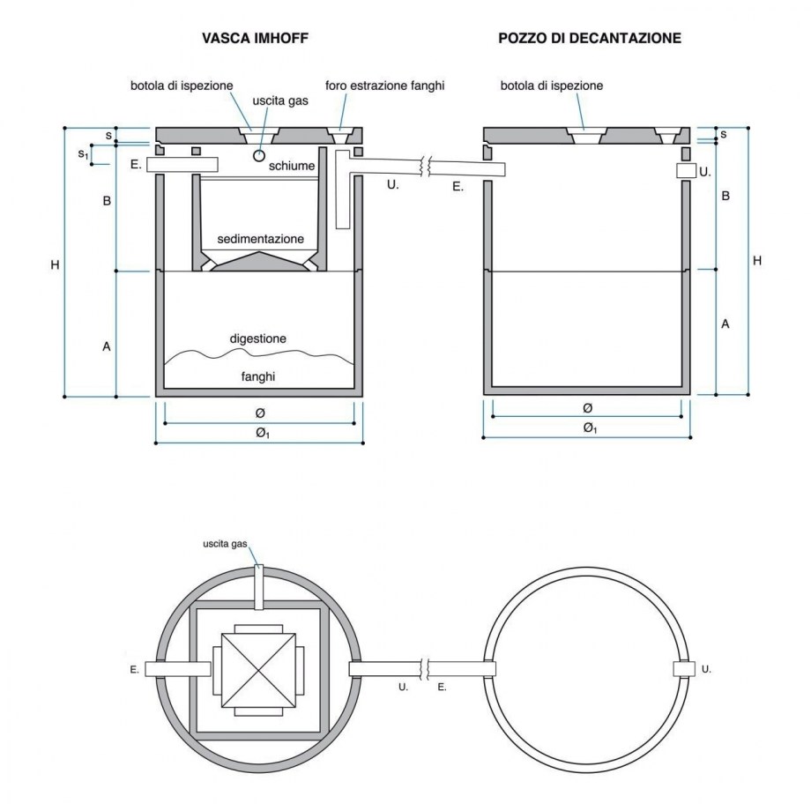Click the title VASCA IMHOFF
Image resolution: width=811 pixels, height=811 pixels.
tap(255, 39)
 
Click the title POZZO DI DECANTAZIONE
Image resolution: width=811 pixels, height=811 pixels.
tap(589, 39)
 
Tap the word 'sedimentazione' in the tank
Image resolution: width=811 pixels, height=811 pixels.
tap(260, 239)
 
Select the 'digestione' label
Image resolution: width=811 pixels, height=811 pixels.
tap(257, 338)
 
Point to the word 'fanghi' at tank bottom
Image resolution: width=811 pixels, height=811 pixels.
tap(258, 376)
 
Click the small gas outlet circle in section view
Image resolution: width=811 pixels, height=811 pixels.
tap(259, 155)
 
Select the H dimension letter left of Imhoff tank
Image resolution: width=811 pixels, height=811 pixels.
tap(55, 264)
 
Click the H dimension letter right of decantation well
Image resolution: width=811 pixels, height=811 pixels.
tap(756, 261)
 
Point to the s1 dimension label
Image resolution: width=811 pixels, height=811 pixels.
tap(84, 154)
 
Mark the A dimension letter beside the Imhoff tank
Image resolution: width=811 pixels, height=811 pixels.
tap(106, 346)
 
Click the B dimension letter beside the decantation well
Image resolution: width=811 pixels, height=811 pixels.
tap(725, 196)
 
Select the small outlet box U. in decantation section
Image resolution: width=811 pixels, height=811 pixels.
tap(686, 171)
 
